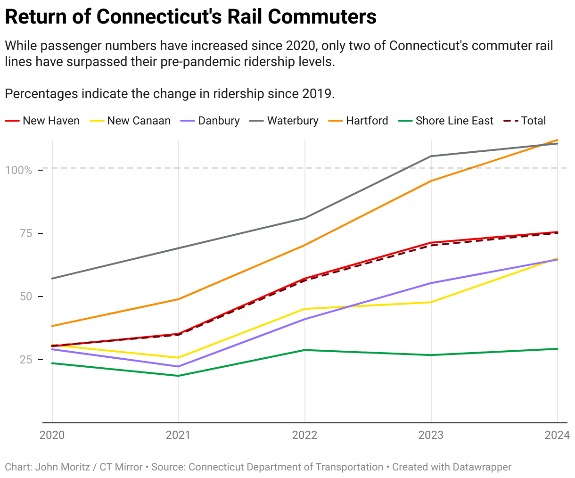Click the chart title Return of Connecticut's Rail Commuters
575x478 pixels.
tap(190, 17)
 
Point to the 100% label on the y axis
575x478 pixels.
tap(19, 170)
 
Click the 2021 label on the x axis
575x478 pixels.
tap(178, 435)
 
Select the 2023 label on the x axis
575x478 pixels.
tap(431, 435)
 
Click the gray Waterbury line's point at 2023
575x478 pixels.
tap(431, 156)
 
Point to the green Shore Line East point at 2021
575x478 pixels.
tap(178, 376)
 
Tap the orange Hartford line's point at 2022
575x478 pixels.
tap(304, 245)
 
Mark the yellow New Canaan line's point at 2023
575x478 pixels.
tap(431, 302)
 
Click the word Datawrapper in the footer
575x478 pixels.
tap(482, 467)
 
